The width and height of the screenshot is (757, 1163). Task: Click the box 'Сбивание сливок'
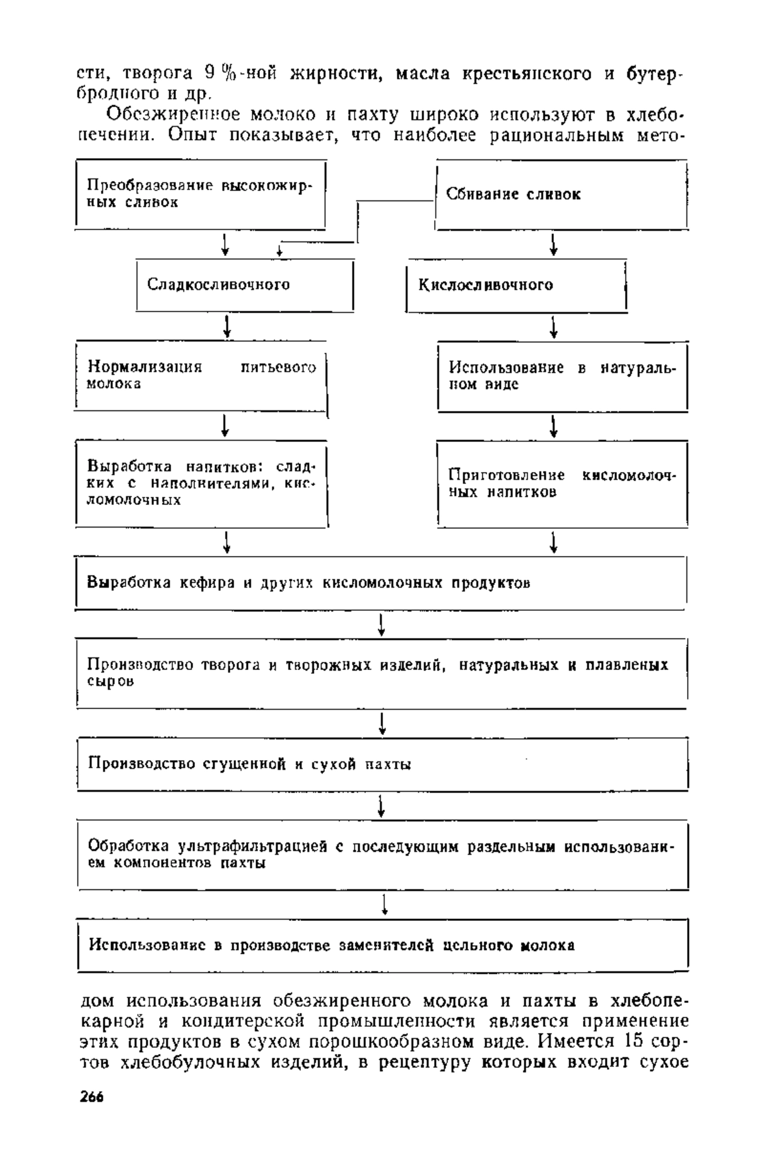tap(561, 194)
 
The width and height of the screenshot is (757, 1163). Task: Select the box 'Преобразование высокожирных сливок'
tap(201, 194)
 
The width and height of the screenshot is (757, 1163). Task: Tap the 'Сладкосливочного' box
tap(245, 285)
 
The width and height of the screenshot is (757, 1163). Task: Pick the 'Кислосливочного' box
tap(517, 285)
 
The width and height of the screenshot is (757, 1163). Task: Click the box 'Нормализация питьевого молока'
tap(201, 376)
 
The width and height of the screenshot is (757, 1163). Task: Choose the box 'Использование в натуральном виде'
tap(563, 376)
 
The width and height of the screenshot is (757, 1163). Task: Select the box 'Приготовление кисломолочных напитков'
tap(563, 483)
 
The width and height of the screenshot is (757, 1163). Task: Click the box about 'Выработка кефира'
tap(380, 583)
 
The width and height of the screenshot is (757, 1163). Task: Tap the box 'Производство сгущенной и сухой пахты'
tap(382, 764)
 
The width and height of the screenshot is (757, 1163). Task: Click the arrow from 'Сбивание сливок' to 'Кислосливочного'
tap(554, 244)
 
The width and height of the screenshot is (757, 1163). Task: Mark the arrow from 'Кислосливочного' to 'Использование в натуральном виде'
tap(554, 326)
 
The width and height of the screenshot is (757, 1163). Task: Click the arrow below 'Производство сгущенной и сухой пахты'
tap(381, 806)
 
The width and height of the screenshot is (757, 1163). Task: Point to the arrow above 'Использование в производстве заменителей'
tap(384, 904)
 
